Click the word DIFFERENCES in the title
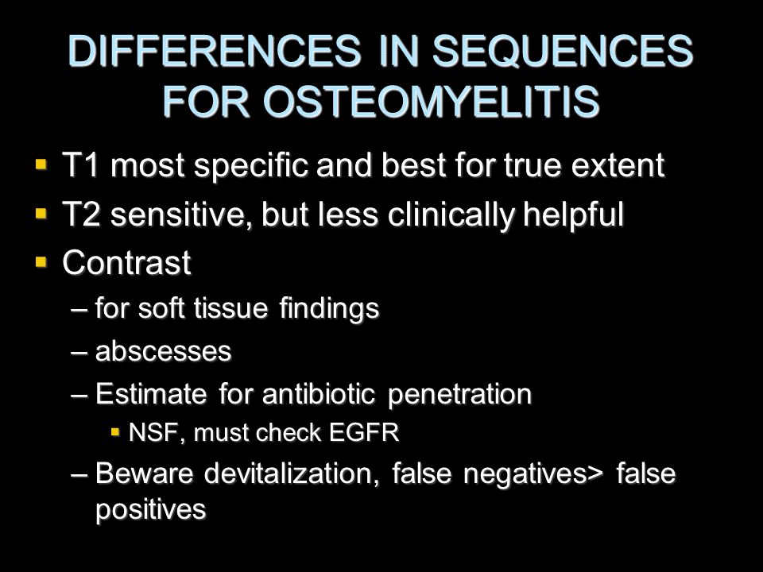coord(215,50)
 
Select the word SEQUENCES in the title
coord(563,51)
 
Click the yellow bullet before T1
coord(41,164)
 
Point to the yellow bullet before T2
coord(41,213)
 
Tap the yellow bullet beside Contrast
coord(41,262)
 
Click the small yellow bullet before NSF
coord(115,432)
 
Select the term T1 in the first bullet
coord(81,164)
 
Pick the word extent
coord(618,165)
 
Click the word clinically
coord(451,215)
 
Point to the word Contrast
coord(126,263)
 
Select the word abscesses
coord(163,351)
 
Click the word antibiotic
coord(319,393)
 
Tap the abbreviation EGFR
coord(364,432)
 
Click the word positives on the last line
coord(151,510)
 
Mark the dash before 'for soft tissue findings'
coord(79,309)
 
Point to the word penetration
coord(459,394)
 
